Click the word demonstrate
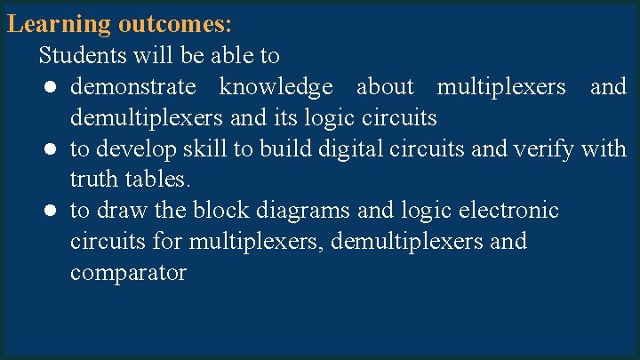coord(132,87)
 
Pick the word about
coord(385,87)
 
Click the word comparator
coord(128,273)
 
